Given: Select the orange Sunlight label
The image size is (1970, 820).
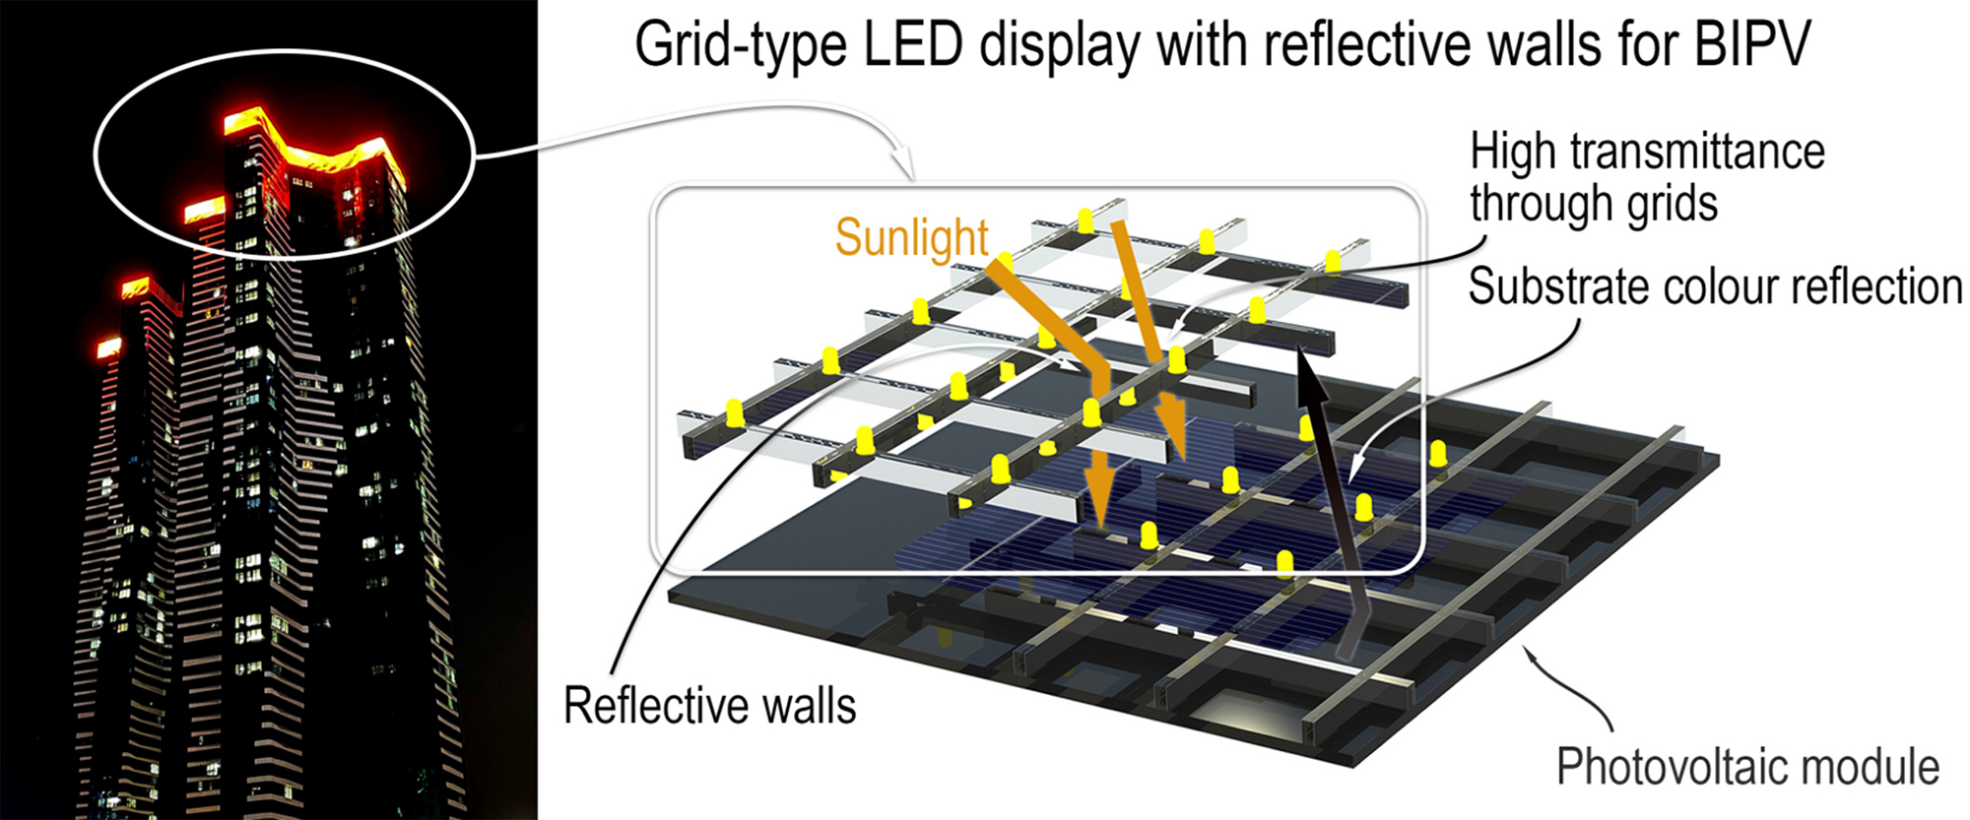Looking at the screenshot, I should coord(911,237).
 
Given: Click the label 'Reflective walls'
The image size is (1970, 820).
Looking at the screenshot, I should coord(709,706).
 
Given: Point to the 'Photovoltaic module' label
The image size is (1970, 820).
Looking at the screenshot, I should coord(1747,767).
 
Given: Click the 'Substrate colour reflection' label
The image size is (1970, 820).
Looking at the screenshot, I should coord(1715,286).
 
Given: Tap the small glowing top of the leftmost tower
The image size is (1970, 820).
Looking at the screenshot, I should coord(107,347).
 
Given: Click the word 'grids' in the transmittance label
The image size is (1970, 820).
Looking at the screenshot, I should coord(1671,205).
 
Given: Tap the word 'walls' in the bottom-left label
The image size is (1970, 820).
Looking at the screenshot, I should coord(814,706).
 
